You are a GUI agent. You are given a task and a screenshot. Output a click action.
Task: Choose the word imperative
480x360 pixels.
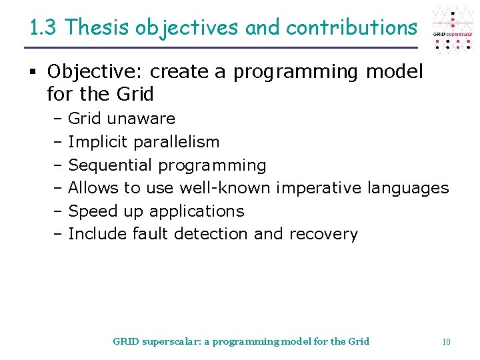tap(318, 188)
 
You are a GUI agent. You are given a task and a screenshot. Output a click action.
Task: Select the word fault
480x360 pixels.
tap(151, 234)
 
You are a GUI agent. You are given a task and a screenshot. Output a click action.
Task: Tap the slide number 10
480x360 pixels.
tap(446, 341)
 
